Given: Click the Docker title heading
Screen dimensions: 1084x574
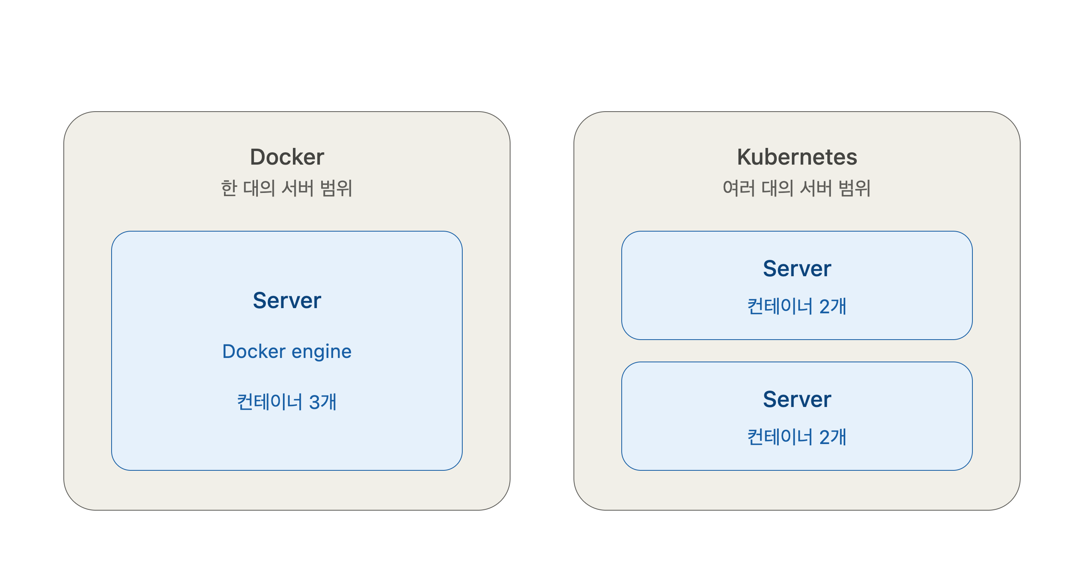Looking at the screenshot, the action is pyautogui.click(x=287, y=157).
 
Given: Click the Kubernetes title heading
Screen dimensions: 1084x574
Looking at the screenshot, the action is pyautogui.click(x=797, y=157).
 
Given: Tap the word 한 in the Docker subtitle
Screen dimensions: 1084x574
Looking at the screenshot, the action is pyautogui.click(x=229, y=188).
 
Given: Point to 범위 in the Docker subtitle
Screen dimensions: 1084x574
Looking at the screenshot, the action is pyautogui.click(x=336, y=188).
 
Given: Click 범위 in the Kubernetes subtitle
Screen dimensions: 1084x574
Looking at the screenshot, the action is pyautogui.click(x=854, y=188).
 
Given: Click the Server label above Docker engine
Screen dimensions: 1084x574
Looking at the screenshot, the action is pyautogui.click(x=287, y=301).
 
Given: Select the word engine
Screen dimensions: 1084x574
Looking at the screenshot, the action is pyautogui.click(x=322, y=352).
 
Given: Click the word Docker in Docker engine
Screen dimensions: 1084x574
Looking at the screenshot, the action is pyautogui.click(x=254, y=352).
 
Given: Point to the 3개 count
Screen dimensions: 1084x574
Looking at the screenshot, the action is pyautogui.click(x=323, y=402).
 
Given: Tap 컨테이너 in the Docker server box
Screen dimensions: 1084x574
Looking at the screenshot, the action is pyautogui.click(x=270, y=402).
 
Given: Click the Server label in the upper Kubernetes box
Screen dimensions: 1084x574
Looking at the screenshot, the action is pyautogui.click(x=797, y=269).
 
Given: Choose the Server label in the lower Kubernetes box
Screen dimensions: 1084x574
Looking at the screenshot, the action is pyautogui.click(x=797, y=399).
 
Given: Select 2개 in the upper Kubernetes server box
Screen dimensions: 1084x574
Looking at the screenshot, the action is pyautogui.click(x=833, y=307).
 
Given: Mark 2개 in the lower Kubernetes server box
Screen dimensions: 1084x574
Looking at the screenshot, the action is pyautogui.click(x=833, y=437).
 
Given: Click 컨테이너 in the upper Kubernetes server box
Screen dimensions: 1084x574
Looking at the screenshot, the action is pyautogui.click(x=780, y=307).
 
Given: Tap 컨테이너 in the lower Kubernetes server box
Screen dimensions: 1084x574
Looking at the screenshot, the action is pyautogui.click(x=780, y=437).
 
